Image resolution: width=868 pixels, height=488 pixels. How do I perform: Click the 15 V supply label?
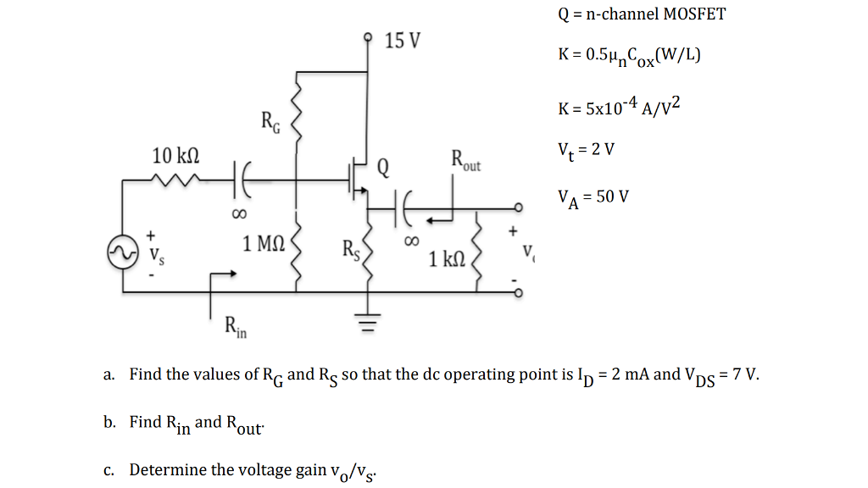pyautogui.click(x=402, y=41)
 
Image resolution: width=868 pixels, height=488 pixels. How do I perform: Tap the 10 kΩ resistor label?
pyautogui.click(x=175, y=156)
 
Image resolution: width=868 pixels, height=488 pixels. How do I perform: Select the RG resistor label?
pyautogui.click(x=268, y=125)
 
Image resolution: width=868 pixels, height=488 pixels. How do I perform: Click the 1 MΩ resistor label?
pyautogui.click(x=263, y=245)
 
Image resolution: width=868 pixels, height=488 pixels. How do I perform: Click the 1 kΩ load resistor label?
pyautogui.click(x=447, y=259)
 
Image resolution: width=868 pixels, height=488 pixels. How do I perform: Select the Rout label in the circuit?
pyautogui.click(x=465, y=160)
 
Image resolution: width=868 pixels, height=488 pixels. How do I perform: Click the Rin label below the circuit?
pyautogui.click(x=235, y=325)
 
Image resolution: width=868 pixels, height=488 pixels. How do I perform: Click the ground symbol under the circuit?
pyautogui.click(x=367, y=322)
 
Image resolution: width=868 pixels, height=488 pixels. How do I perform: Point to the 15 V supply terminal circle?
pyautogui.click(x=367, y=37)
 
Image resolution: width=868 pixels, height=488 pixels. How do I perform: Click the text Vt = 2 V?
pyautogui.click(x=586, y=149)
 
